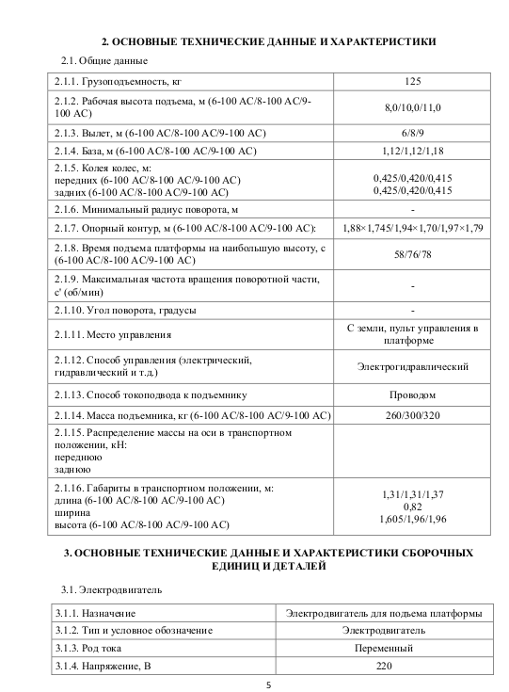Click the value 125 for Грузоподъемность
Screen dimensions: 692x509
(413, 82)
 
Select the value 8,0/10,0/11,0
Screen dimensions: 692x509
(413, 107)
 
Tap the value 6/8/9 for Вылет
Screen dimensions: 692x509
(413, 133)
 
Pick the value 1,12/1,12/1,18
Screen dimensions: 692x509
(413, 150)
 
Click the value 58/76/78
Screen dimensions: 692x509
(413, 254)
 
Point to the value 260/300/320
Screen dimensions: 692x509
(413, 414)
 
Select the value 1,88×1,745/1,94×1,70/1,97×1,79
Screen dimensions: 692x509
(413, 228)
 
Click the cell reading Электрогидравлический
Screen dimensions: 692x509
(413, 367)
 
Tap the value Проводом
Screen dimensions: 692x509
(413, 394)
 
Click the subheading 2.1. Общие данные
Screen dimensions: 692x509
(103, 61)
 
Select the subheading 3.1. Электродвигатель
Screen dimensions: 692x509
(111, 590)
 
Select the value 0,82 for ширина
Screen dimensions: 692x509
(413, 506)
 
